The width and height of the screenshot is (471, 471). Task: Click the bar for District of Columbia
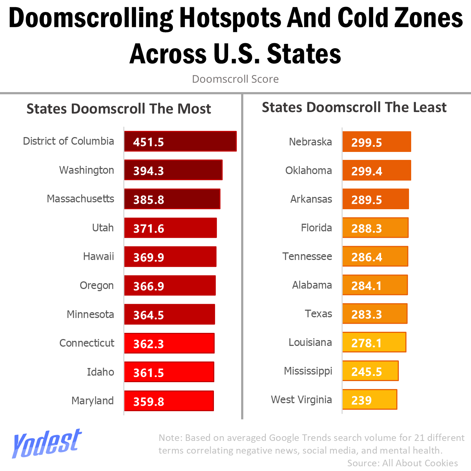click(x=180, y=141)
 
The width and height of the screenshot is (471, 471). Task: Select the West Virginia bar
click(x=369, y=400)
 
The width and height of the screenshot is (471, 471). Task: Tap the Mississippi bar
click(x=370, y=371)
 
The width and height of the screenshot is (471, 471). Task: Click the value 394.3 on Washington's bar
click(x=149, y=171)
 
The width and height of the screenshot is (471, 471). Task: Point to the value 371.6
click(x=149, y=228)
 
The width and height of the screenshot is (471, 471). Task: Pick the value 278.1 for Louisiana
click(x=367, y=343)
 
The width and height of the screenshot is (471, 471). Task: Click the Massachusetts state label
click(x=80, y=199)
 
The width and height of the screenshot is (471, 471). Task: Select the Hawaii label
click(x=98, y=256)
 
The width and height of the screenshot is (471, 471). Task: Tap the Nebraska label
click(x=310, y=142)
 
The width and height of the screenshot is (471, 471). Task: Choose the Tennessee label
click(x=307, y=256)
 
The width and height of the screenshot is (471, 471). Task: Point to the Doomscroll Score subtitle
click(x=235, y=79)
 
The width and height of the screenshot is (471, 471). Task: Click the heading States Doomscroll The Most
click(x=119, y=109)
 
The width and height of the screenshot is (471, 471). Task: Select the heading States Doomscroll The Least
click(x=354, y=107)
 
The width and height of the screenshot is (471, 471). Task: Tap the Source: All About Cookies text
click(x=402, y=463)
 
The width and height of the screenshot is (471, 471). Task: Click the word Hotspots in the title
click(x=230, y=18)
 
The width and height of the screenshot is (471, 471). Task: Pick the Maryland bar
click(x=169, y=401)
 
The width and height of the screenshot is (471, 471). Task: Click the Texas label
click(x=318, y=314)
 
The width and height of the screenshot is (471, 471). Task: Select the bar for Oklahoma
click(x=376, y=170)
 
